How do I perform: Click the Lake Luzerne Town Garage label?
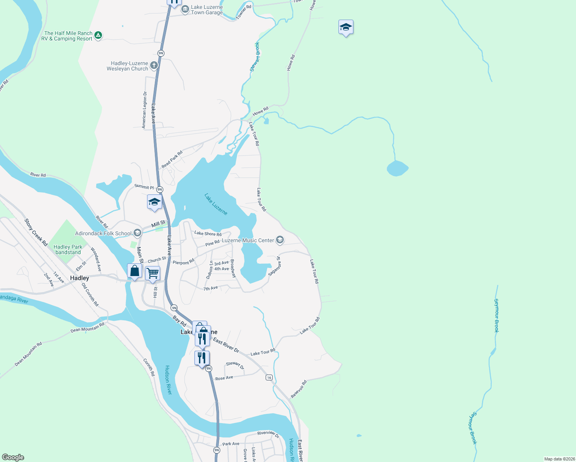click(207, 10)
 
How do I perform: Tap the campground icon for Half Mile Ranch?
click(98, 35)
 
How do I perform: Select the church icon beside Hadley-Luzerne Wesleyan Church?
click(154, 65)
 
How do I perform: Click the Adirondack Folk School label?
click(103, 233)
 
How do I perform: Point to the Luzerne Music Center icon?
click(280, 240)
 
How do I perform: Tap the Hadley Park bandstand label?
click(68, 249)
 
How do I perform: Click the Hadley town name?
click(80, 278)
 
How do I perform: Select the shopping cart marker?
click(152, 273)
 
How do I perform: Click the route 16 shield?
click(269, 377)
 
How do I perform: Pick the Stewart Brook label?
click(255, 57)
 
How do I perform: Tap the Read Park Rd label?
click(172, 159)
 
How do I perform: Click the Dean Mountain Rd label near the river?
click(87, 328)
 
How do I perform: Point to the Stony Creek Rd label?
click(36, 233)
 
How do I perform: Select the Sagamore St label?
click(275, 266)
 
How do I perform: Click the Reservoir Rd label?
click(299, 389)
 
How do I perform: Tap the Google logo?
click(13, 457)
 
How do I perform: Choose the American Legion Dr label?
click(144, 110)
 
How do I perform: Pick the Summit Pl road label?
click(144, 187)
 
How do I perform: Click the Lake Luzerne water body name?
click(216, 204)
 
